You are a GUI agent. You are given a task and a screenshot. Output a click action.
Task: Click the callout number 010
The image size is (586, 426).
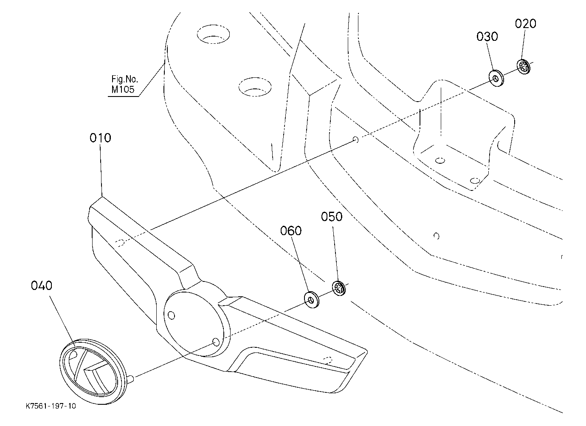[x=101, y=138]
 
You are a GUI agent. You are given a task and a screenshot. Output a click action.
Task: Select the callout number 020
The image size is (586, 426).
[x=526, y=24]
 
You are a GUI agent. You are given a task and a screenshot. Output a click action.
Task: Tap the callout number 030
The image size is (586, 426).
[x=487, y=37]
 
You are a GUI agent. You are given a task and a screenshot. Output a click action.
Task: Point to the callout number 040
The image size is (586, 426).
[x=42, y=286]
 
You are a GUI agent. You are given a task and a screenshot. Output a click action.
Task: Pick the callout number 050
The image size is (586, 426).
[x=332, y=217]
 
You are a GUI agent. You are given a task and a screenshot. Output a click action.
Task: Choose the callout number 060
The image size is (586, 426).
[x=291, y=231]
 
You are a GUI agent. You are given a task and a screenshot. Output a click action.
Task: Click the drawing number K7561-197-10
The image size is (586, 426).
[x=51, y=406]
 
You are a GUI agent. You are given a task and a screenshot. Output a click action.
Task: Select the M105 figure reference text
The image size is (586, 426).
[x=123, y=90]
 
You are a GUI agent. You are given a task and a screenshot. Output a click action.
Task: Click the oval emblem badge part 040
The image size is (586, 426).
[x=92, y=371]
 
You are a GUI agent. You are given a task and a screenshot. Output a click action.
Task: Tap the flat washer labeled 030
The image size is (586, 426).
[x=496, y=78]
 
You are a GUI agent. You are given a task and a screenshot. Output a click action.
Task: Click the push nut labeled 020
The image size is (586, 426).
[x=524, y=67]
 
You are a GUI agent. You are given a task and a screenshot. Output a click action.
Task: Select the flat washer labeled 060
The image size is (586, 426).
[x=311, y=299]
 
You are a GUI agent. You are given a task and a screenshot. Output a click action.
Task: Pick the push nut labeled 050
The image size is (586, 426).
[x=339, y=288]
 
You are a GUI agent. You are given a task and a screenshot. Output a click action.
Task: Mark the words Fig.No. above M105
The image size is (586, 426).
[x=124, y=79]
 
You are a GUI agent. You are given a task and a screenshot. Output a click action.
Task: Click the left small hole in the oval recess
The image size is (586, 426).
[x=172, y=315]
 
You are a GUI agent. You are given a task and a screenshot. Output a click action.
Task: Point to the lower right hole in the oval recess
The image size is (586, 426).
[x=216, y=342]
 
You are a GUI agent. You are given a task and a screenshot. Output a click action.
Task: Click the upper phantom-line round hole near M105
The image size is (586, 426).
[x=213, y=34]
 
